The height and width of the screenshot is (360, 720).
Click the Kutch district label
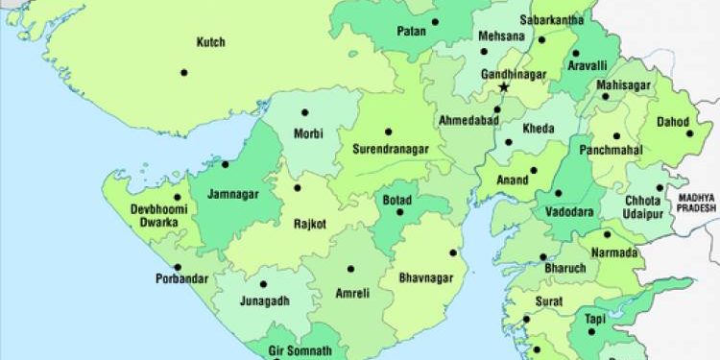tap(210, 42)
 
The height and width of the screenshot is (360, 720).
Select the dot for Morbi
tap(305, 112)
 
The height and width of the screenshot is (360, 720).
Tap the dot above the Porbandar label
tap(176, 266)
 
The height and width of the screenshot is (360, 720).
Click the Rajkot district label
tap(311, 224)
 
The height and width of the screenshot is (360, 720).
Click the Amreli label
tap(351, 293)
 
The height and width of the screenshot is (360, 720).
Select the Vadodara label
tap(567, 211)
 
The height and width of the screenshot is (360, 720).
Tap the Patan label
tap(410, 32)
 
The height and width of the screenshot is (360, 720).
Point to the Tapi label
tap(594, 319)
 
